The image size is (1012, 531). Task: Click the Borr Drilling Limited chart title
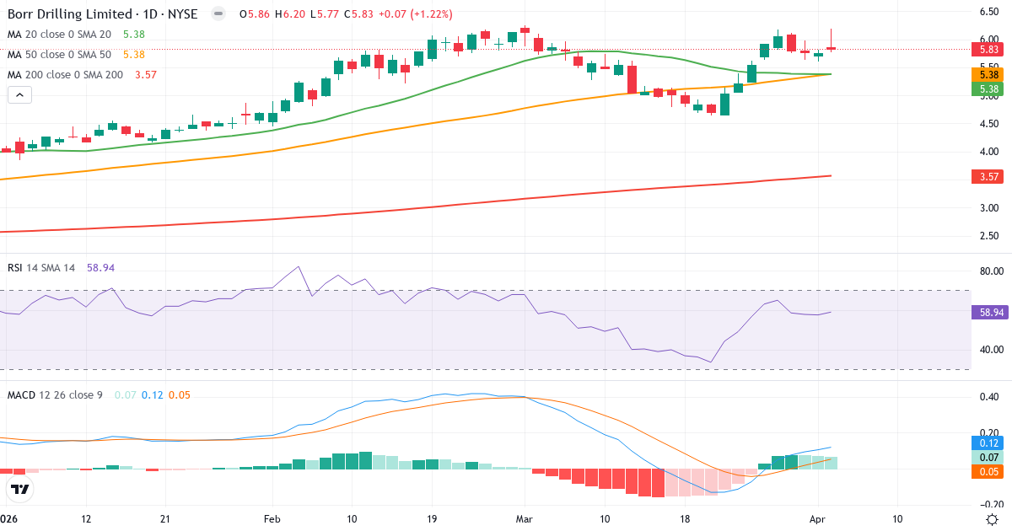click(x=101, y=14)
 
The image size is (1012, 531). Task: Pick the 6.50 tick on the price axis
click(x=989, y=11)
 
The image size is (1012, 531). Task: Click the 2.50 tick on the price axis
click(x=989, y=236)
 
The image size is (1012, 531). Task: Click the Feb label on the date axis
click(x=272, y=518)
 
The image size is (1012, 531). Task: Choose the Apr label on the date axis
click(x=817, y=518)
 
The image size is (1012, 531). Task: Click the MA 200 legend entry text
click(x=65, y=74)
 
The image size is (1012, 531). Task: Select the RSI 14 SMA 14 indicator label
click(x=41, y=267)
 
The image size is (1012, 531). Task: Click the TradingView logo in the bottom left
click(x=20, y=489)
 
